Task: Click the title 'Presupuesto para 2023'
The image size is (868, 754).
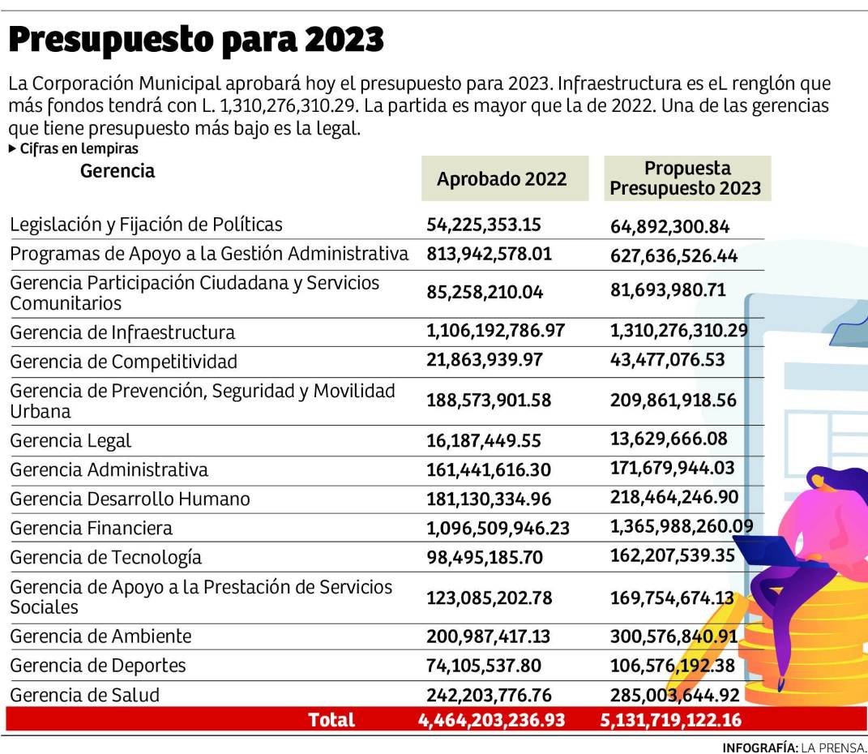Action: tap(196, 38)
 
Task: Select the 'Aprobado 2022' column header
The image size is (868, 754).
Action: tap(502, 179)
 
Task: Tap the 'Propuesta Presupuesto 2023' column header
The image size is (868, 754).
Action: tap(686, 178)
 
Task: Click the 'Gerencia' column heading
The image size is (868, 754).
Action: tap(118, 171)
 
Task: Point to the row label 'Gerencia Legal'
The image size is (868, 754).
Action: tap(71, 441)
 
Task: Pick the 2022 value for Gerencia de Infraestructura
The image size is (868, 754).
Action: tap(495, 332)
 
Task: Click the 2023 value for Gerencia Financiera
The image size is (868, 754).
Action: tap(682, 528)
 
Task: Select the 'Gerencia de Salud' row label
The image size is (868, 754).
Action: tap(85, 695)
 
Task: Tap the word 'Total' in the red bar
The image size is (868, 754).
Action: tap(331, 720)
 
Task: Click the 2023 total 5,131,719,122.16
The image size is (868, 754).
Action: tap(671, 720)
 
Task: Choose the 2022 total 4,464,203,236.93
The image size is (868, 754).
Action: tap(491, 720)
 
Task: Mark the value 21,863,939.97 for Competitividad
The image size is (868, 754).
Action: tap(485, 361)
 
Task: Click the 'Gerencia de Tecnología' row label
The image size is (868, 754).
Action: tap(105, 558)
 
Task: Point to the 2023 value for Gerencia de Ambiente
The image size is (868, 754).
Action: tap(674, 636)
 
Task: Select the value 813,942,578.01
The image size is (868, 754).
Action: tap(489, 255)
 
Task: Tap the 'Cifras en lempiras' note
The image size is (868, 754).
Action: tap(73, 149)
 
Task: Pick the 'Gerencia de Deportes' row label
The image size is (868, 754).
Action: tap(98, 666)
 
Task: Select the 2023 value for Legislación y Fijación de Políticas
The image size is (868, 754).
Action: tap(669, 226)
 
